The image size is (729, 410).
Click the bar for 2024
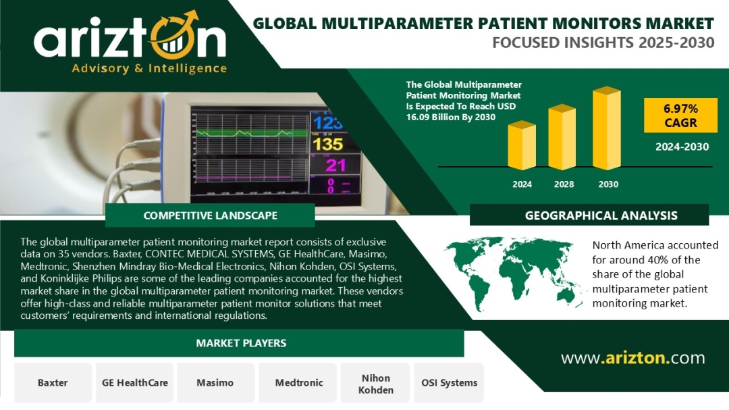[x=522, y=145]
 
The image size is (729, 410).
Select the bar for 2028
[x=562, y=137]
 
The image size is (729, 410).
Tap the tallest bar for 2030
[x=607, y=128]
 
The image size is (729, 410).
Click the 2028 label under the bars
[x=564, y=184]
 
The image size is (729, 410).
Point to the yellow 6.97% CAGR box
[x=680, y=116]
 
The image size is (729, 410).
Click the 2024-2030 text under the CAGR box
[x=682, y=147]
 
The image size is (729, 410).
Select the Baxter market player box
[x=53, y=382]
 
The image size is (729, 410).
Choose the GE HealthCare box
[x=135, y=382]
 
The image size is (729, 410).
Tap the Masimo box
[x=216, y=382]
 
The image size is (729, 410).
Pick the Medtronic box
[x=298, y=382]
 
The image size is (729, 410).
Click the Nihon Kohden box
[x=376, y=382]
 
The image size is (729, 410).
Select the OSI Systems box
[x=449, y=382]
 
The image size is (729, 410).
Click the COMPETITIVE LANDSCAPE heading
[x=210, y=215]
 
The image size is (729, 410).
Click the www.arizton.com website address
[x=632, y=358]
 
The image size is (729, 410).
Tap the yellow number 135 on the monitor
[x=328, y=145]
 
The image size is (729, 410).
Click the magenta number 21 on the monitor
[x=335, y=165]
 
